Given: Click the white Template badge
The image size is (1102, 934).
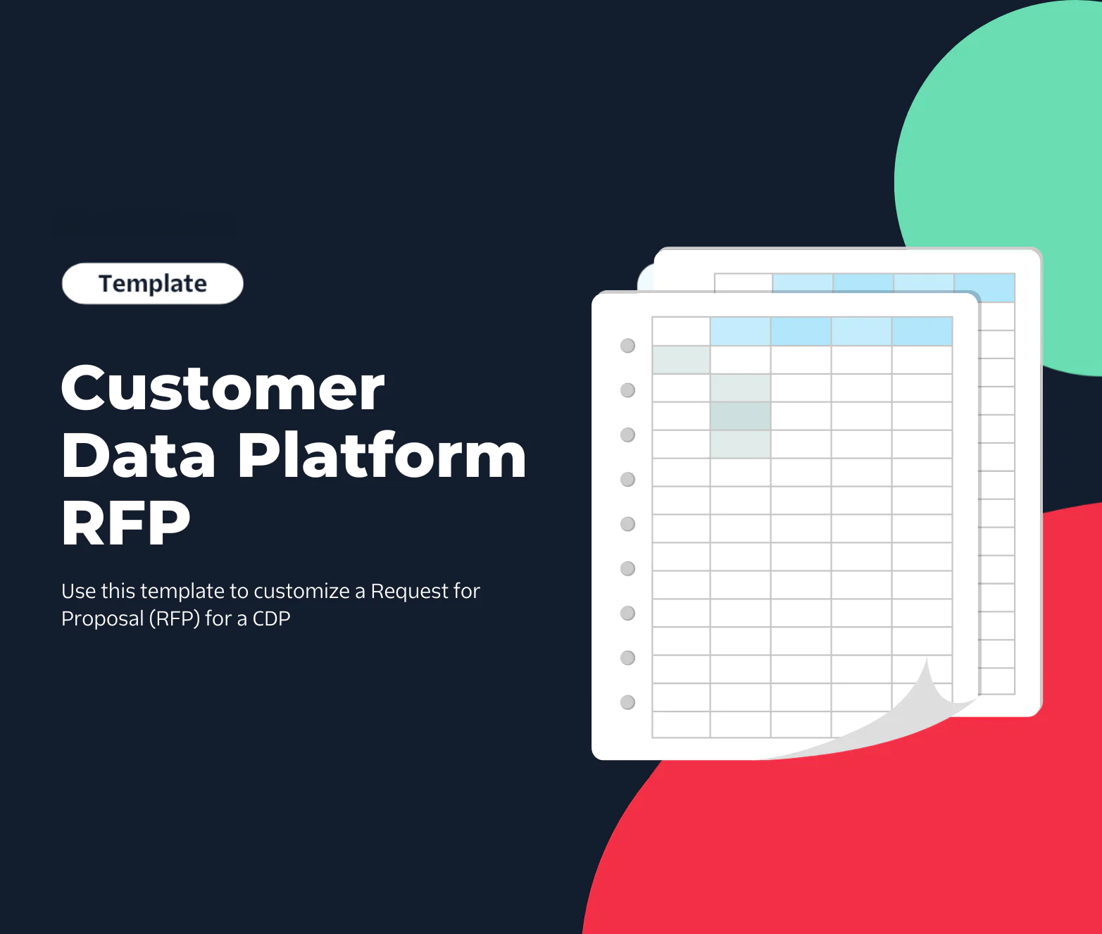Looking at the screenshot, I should click(x=153, y=284).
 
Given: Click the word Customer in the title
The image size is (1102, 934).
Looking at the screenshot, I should click(x=223, y=389).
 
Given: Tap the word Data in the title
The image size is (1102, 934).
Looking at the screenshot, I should click(x=138, y=456).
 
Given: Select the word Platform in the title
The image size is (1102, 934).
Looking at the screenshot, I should click(x=382, y=456).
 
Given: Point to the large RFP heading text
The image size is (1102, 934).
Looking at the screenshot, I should click(x=126, y=523).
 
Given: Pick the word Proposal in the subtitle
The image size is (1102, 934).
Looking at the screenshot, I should click(x=102, y=618).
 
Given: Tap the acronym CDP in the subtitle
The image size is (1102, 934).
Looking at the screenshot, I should click(x=271, y=618).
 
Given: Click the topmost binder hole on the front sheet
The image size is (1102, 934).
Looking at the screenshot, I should click(x=627, y=346).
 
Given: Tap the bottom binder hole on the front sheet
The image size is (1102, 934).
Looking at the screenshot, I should click(x=627, y=702).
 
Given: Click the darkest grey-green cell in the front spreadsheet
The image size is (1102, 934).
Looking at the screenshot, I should click(x=740, y=416).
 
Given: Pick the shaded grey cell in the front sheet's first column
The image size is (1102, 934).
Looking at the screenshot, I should click(x=681, y=360).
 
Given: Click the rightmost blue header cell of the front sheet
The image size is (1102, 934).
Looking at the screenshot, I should click(x=922, y=332).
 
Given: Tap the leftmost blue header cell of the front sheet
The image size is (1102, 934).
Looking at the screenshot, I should click(x=740, y=332).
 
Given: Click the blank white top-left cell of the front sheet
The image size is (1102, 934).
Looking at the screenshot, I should click(x=681, y=332).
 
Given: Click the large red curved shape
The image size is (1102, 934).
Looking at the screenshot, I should click(x=880, y=845).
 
